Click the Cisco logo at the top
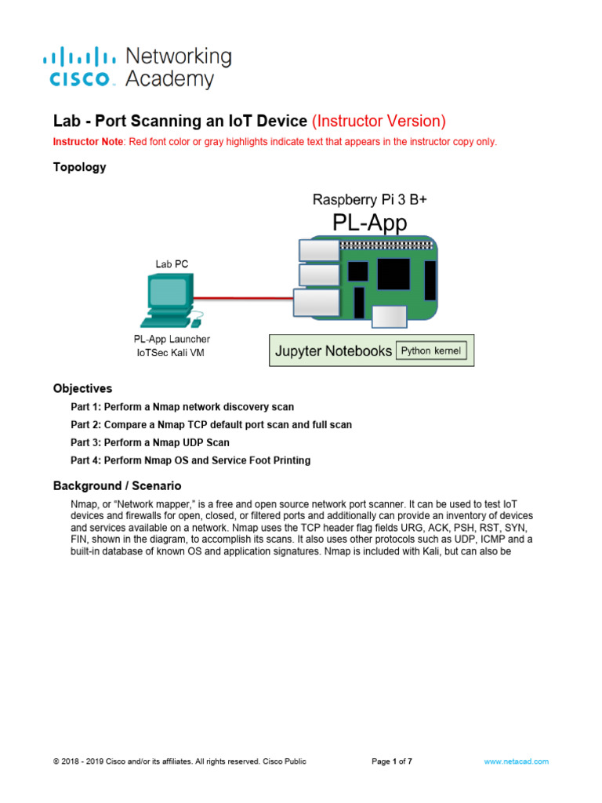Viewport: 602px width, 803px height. click(81, 68)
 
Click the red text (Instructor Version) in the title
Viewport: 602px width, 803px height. click(379, 121)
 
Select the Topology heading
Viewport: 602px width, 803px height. click(79, 167)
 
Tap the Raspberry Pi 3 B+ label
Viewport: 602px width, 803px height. click(370, 199)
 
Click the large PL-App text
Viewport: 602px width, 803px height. click(371, 223)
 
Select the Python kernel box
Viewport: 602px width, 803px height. click(432, 351)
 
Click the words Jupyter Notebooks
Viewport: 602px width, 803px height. click(333, 351)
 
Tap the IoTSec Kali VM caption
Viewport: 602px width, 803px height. click(172, 353)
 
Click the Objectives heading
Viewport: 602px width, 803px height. click(82, 388)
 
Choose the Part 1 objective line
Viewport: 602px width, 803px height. click(183, 407)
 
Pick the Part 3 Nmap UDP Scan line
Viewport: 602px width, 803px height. click(150, 442)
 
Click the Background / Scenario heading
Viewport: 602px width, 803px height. click(117, 486)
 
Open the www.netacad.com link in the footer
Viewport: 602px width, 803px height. click(516, 761)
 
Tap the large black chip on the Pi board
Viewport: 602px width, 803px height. click(393, 274)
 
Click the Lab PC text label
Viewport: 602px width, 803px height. click(172, 263)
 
